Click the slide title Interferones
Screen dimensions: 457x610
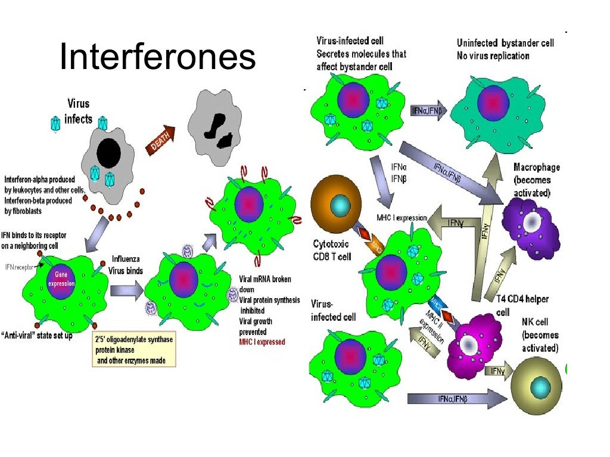[158, 58]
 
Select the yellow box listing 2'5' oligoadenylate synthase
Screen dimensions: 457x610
[133, 349]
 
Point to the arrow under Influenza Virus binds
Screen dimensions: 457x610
[126, 290]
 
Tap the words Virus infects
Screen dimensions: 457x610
[79, 111]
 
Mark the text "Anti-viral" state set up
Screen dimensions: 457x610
[46, 336]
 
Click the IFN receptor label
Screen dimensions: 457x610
[20, 268]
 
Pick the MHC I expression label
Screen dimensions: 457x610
[402, 218]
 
